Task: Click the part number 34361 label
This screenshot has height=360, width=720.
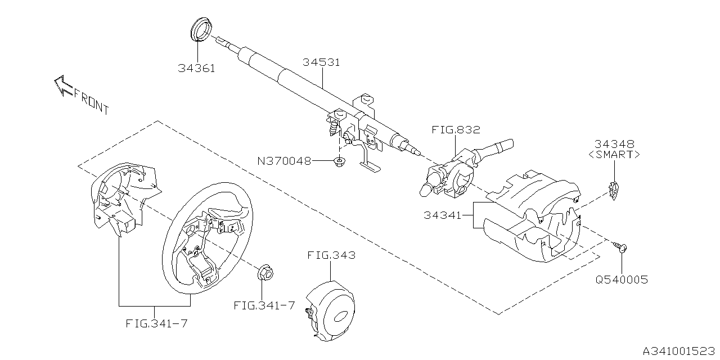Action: pos(196,68)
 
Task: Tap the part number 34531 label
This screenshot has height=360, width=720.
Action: pos(321,62)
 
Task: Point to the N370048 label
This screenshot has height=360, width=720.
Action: pos(285,161)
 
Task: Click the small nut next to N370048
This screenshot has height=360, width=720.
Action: pos(339,161)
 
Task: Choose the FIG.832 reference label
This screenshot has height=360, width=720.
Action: pos(456,129)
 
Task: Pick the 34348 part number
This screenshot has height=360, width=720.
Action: pos(614,143)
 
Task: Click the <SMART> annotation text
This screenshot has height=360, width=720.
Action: pos(614,155)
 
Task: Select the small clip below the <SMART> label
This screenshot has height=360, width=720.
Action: pos(614,191)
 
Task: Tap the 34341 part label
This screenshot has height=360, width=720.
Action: pos(442,215)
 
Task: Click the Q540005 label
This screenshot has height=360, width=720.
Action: pos(622,280)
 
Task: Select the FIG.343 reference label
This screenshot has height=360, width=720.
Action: pos(331,255)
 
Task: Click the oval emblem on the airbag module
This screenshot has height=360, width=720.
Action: pos(341,316)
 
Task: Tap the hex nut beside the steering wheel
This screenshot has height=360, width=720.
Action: pos(265,273)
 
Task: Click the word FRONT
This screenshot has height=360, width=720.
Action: pos(92,102)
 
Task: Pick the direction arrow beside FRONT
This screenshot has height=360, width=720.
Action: pos(63,85)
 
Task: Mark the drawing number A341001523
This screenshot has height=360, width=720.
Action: pos(679,350)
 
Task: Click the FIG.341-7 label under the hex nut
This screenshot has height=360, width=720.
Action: pos(264,305)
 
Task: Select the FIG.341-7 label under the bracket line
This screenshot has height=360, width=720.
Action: pos(156,323)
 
